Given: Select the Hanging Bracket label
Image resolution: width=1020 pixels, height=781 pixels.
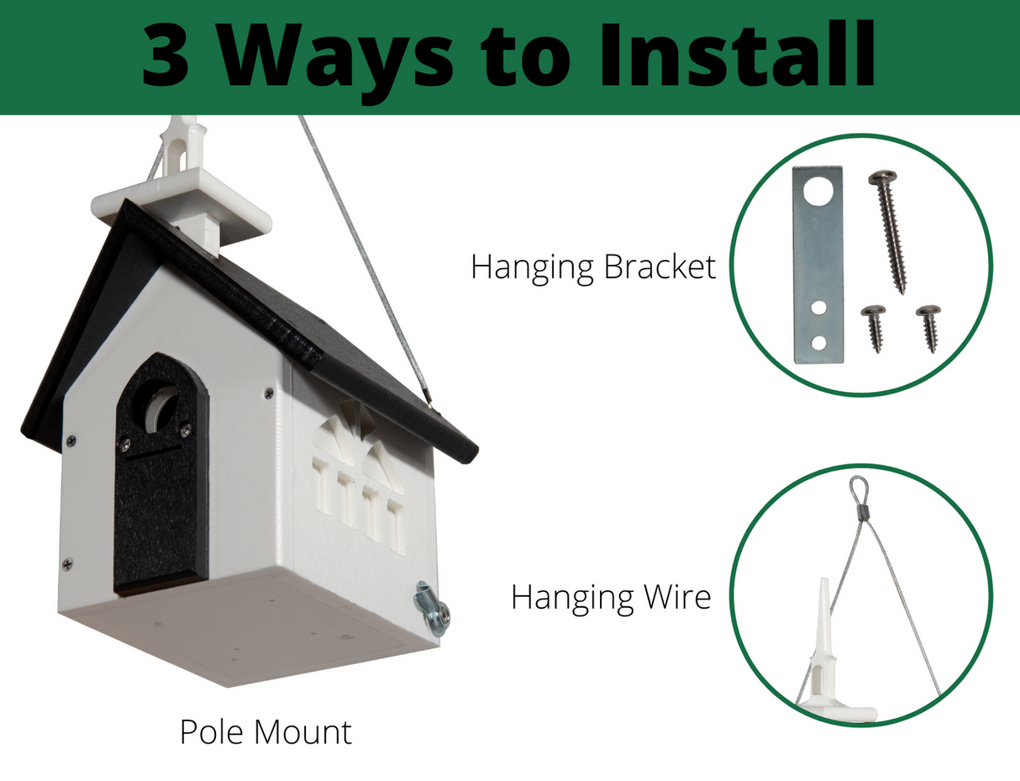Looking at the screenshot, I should click(593, 267).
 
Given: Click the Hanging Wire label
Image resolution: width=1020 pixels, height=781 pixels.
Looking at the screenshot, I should click(611, 597).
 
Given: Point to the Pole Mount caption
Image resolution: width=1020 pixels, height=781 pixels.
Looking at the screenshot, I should click(266, 732).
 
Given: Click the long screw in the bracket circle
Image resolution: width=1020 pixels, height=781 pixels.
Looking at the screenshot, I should click(889, 230).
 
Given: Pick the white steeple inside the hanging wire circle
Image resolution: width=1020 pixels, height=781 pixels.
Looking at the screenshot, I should click(821, 647).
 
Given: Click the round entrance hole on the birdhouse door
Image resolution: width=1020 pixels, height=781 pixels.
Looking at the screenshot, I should click(160, 409).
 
